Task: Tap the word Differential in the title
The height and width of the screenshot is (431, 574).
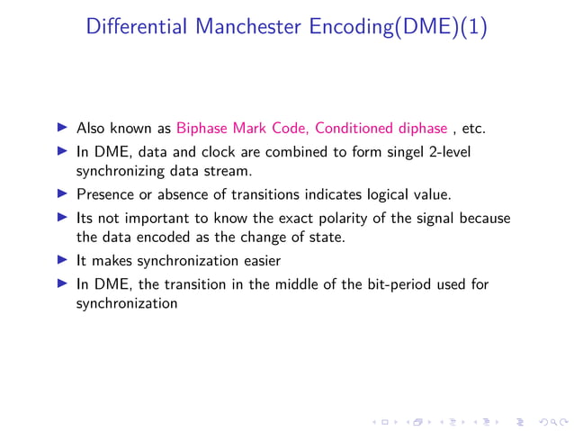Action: click(x=135, y=27)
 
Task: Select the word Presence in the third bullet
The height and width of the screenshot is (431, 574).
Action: click(x=103, y=193)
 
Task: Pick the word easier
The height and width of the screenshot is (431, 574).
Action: click(x=256, y=261)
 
